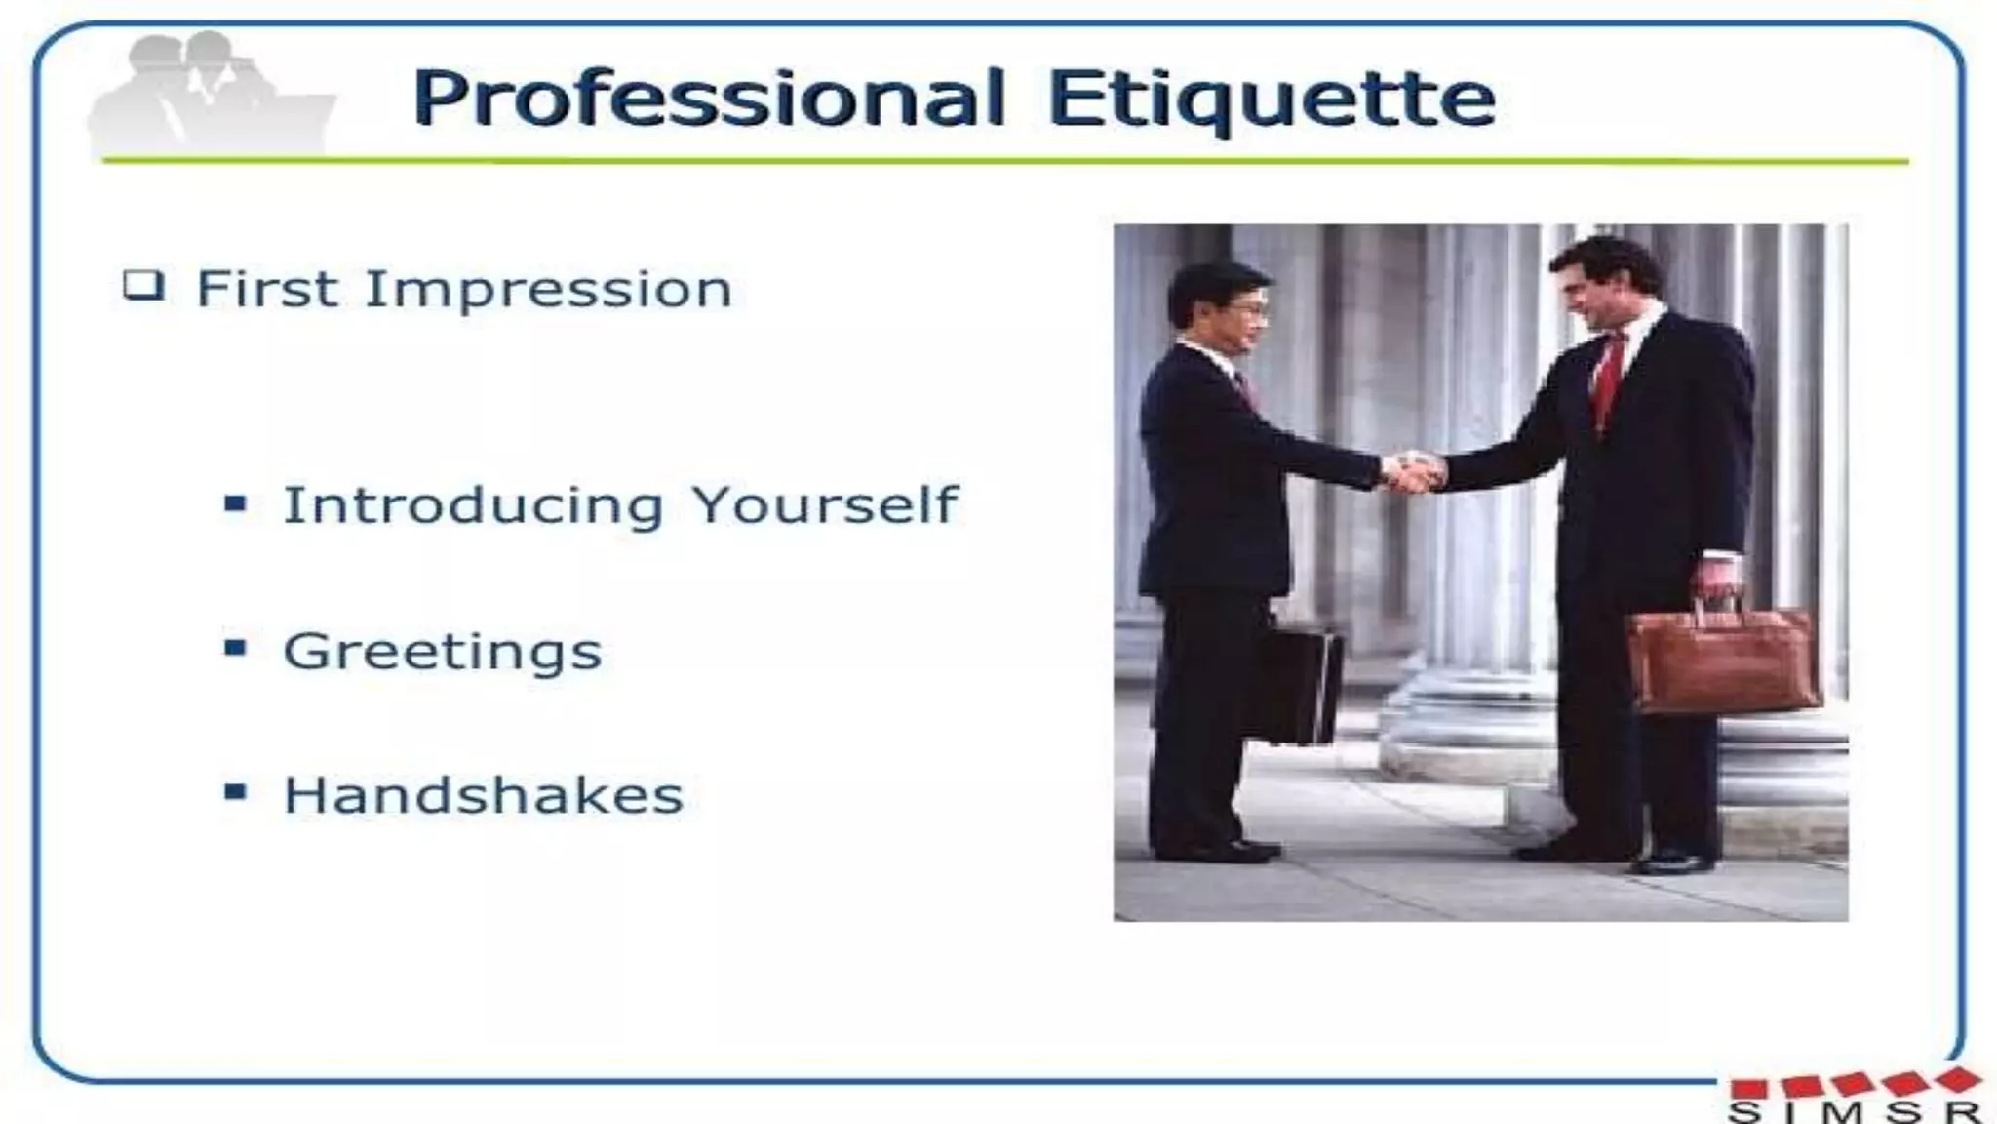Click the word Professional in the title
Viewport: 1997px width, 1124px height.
(x=708, y=99)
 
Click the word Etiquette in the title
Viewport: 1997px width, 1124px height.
(x=1272, y=99)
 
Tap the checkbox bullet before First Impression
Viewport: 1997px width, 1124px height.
(x=143, y=286)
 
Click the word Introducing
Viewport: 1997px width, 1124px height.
(x=474, y=505)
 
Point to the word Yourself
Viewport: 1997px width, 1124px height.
(x=825, y=505)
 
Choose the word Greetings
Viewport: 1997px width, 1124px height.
(x=443, y=652)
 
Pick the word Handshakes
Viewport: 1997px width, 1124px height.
(x=484, y=795)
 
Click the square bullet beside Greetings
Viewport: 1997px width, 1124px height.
(x=235, y=648)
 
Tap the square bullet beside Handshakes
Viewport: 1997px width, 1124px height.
(x=235, y=791)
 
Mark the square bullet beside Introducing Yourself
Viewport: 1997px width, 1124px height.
(x=235, y=504)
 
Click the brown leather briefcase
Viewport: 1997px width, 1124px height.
(x=1722, y=659)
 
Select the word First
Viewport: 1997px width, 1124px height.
(x=267, y=290)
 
